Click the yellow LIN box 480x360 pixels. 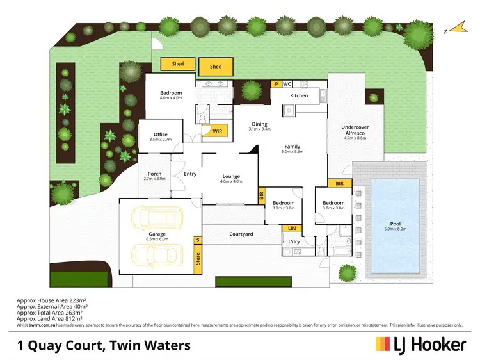point(292,227)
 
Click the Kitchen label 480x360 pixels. point(299,95)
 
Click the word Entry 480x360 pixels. point(190,174)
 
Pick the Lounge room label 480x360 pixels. point(230,176)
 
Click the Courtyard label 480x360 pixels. point(241,234)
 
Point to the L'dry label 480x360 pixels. point(294,241)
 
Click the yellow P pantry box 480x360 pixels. point(276,83)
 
